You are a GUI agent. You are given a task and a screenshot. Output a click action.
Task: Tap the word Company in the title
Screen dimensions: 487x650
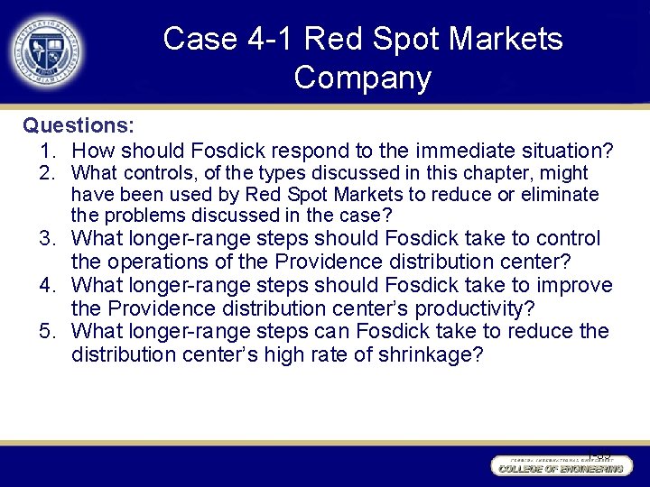coord(362,78)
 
